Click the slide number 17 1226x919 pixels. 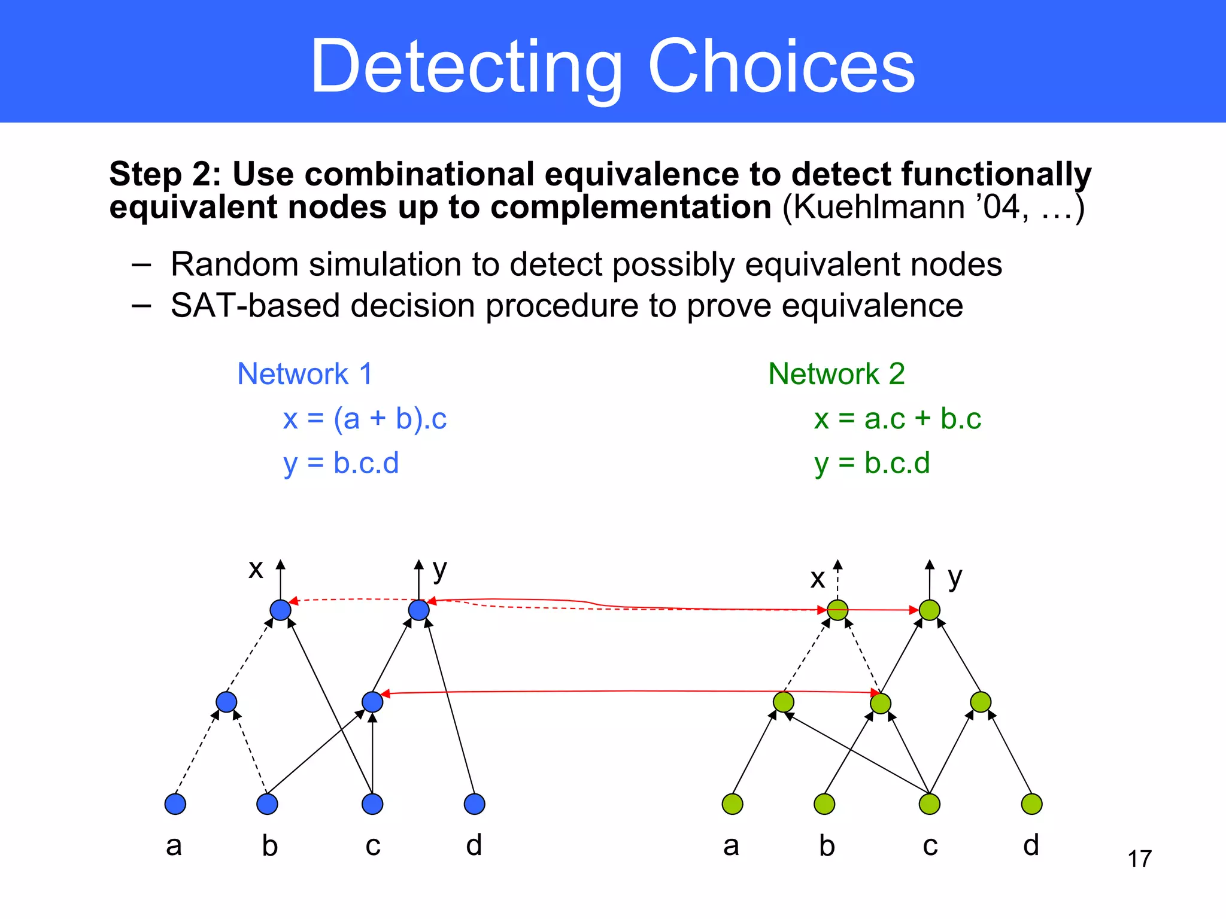1139,859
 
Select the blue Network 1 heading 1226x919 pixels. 305,374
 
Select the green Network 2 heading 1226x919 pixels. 836,374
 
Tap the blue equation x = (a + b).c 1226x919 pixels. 365,419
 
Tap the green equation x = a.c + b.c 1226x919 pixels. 897,419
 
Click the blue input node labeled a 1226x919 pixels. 175,804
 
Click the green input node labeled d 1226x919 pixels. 1031,804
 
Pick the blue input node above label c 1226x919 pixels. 372,804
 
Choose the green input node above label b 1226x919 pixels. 824,804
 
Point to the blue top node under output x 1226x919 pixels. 280,610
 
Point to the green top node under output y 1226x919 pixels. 929,610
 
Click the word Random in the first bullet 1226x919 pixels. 234,264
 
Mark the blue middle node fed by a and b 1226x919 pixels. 226,701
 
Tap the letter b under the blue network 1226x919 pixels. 270,845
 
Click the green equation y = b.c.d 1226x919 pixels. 872,464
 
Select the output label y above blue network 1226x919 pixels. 439,570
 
